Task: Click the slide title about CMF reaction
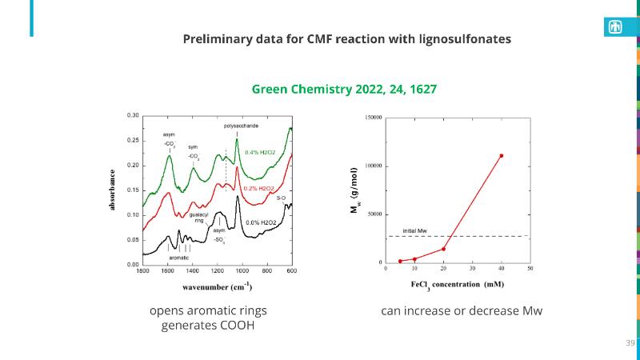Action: pos(347,38)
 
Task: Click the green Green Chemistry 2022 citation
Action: pos(344,89)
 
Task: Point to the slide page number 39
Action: pos(630,342)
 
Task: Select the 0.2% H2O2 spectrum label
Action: pos(258,188)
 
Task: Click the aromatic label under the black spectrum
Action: pos(179,258)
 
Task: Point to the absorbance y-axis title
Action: pos(112,190)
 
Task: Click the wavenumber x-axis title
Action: pos(217,286)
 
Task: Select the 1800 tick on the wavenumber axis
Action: pos(142,271)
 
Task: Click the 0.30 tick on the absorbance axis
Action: pos(133,115)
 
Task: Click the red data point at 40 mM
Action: pos(502,156)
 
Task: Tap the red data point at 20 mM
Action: pos(443,249)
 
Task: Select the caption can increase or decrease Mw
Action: pos(462,310)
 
